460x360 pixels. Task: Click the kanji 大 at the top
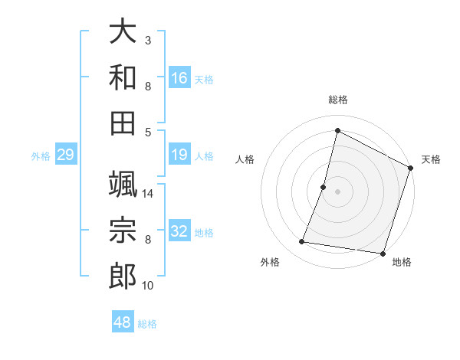point(123,32)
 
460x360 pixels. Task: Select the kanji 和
point(123,77)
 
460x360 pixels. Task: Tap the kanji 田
point(123,123)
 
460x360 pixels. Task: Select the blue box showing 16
point(179,78)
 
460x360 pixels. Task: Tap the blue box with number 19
point(179,155)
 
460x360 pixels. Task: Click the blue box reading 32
point(179,231)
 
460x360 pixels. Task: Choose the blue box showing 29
point(65,155)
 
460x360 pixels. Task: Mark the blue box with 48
point(123,322)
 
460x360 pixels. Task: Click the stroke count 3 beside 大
point(148,40)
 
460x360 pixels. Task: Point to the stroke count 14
point(149,194)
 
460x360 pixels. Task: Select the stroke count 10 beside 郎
point(149,286)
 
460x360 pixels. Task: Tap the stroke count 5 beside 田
point(148,132)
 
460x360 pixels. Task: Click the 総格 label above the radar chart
point(337,100)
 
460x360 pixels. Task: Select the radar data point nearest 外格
point(302,242)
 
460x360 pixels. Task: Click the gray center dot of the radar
point(337,191)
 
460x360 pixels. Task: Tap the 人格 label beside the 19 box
point(204,156)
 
